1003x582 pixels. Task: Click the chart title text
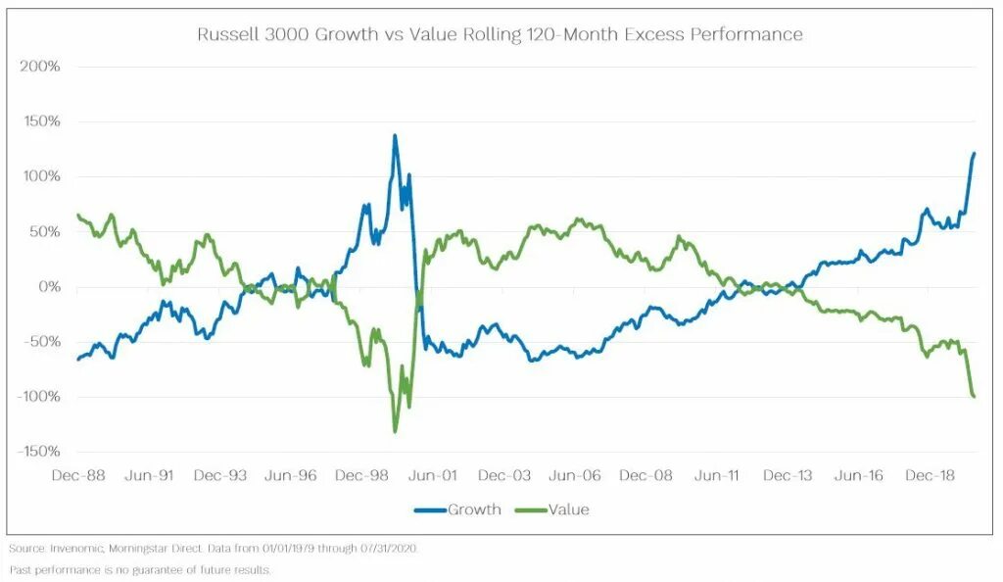[500, 35]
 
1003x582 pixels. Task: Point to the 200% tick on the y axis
[40, 67]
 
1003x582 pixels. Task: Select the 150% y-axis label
[40, 121]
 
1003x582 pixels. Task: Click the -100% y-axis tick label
[37, 397]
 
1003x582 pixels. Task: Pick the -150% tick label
[37, 452]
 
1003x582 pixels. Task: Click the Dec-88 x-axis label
[78, 475]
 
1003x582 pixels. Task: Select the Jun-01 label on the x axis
[434, 475]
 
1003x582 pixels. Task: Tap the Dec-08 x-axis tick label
[646, 475]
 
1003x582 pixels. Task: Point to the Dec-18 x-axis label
[930, 475]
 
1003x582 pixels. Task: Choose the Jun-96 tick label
[292, 475]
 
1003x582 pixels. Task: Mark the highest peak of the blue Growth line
[395, 136]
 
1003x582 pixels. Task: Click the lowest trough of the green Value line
[395, 431]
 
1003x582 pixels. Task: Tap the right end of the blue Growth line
[974, 153]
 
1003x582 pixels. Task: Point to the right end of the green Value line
[974, 396]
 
